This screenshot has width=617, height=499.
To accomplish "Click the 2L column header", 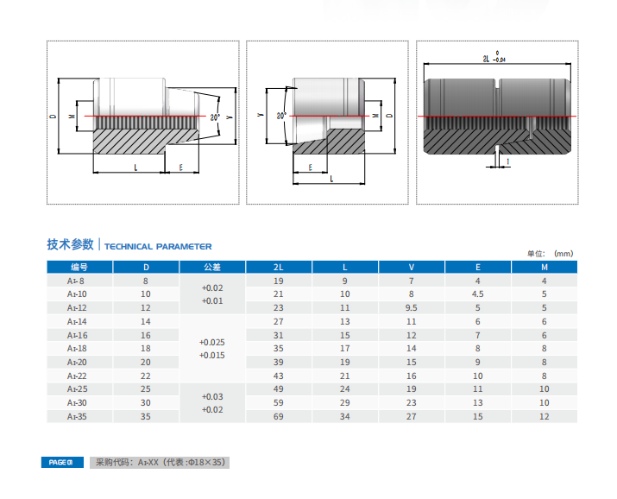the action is [x=279, y=268].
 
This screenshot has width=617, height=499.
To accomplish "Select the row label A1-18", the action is [x=77, y=349].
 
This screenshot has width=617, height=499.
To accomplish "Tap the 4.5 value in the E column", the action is [x=478, y=294].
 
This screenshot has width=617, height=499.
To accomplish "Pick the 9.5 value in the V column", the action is [x=412, y=307].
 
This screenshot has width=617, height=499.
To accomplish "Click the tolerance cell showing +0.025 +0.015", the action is [x=212, y=349].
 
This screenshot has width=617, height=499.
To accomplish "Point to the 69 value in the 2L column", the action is [x=279, y=416].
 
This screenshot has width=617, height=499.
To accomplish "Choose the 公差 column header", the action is [x=212, y=268].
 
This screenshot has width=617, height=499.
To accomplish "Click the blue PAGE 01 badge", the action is [x=62, y=463].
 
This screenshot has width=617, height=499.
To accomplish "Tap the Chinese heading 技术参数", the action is [x=71, y=244].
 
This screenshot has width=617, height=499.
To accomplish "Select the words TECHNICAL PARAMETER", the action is [x=158, y=247].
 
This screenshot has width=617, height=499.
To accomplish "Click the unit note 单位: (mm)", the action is [x=550, y=254].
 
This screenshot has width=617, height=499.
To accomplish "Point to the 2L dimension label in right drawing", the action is [x=487, y=59].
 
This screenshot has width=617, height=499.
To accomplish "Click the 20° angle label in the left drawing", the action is [x=215, y=117].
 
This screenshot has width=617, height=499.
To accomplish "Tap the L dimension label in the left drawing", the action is [x=135, y=167].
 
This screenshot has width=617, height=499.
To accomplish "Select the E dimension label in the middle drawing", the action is [x=311, y=167].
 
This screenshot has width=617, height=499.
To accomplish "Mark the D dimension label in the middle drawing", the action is [x=389, y=116].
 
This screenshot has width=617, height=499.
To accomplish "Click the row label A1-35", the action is [x=77, y=416].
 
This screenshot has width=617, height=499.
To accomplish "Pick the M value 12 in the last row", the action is [x=545, y=416].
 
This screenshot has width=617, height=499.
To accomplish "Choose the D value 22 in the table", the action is [x=146, y=376].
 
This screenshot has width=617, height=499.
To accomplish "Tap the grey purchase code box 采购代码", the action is [x=160, y=463].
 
